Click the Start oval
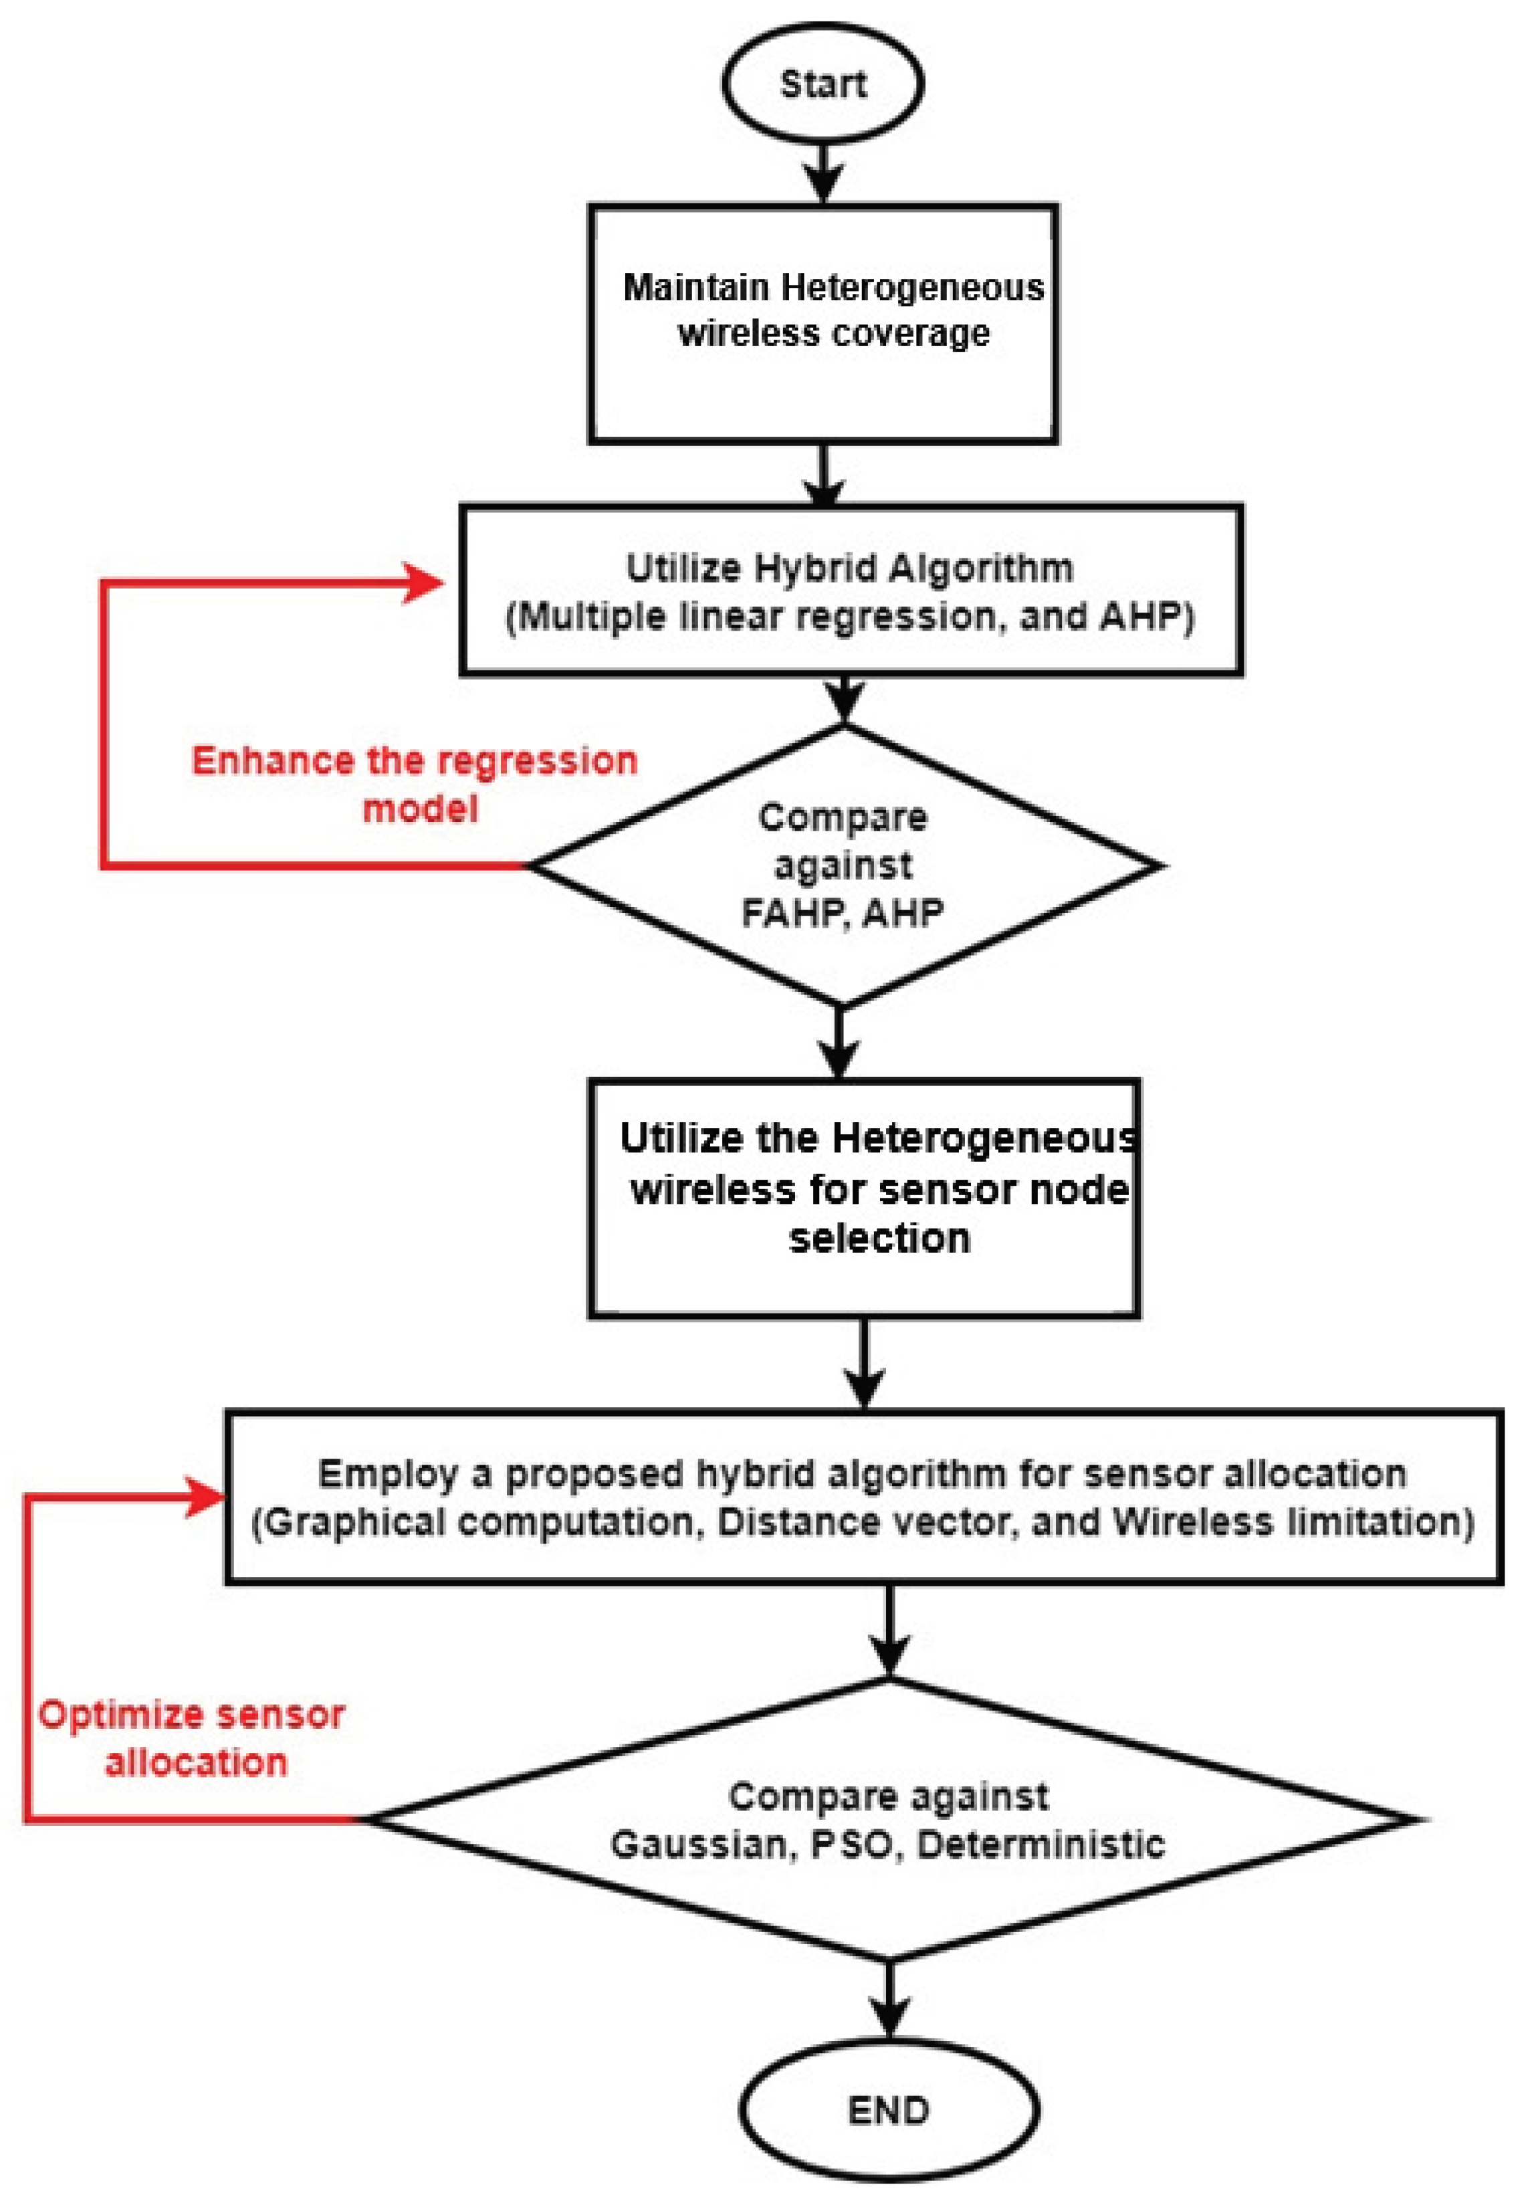(x=823, y=84)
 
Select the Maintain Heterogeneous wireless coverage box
(x=823, y=324)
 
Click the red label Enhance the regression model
(x=415, y=784)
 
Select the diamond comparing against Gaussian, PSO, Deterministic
(x=889, y=1819)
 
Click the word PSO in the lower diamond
(x=850, y=1844)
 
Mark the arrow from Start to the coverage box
(x=823, y=173)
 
